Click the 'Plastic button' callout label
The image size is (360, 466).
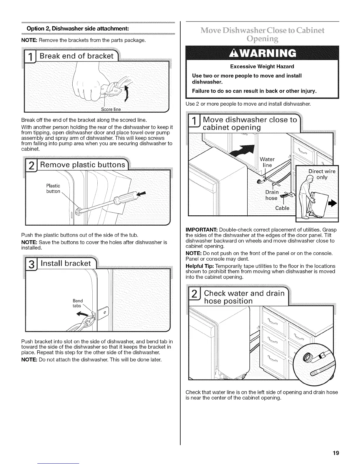pos(53,189)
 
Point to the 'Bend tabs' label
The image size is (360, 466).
pos(78,303)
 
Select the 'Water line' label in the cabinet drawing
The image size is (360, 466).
pos(267,162)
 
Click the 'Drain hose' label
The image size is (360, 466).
pos(271,195)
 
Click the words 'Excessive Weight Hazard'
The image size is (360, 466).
pos(262,66)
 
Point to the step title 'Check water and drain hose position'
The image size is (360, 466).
pos(244,297)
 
